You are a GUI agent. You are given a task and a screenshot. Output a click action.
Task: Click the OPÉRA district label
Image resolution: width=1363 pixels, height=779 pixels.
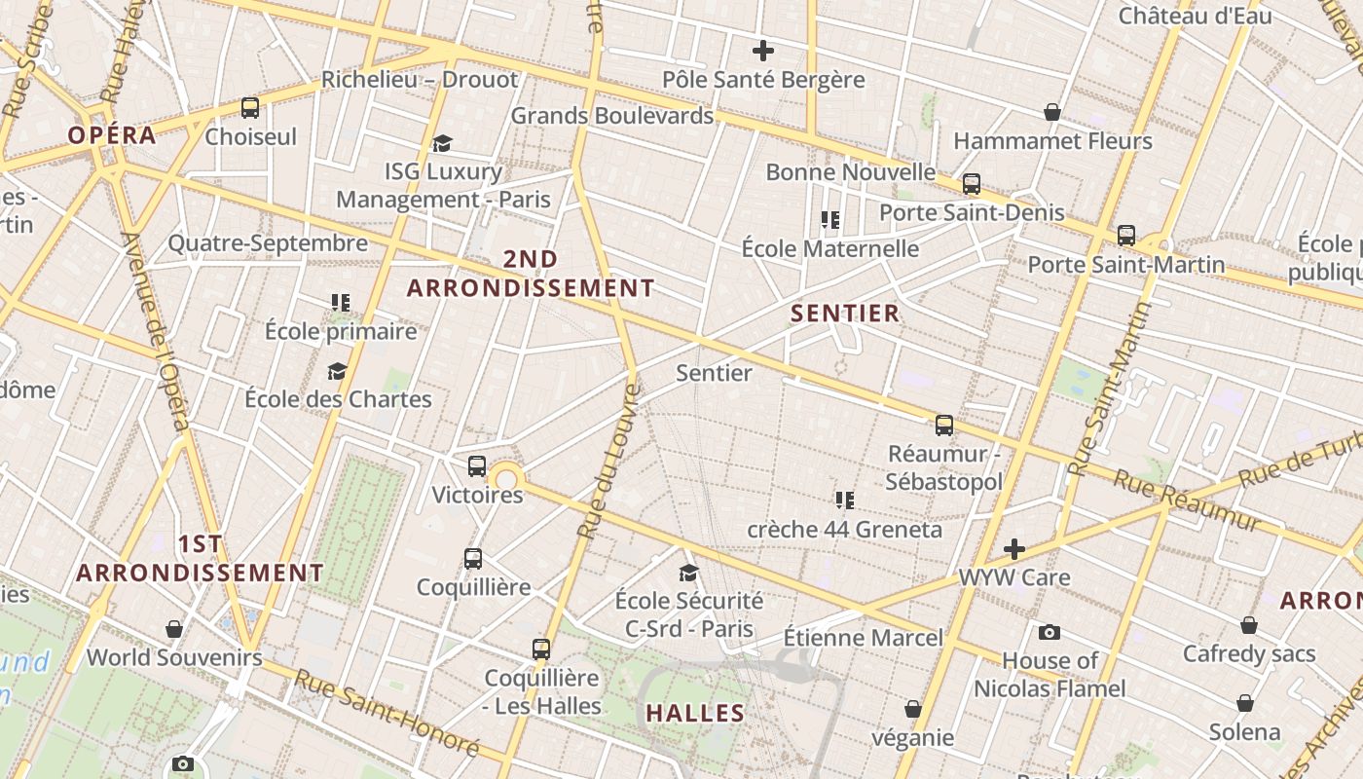click(112, 135)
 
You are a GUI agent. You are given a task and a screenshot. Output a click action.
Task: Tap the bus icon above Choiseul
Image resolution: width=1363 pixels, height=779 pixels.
click(250, 108)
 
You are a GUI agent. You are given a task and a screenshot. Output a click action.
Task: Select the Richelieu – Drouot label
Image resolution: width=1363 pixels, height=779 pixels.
click(420, 80)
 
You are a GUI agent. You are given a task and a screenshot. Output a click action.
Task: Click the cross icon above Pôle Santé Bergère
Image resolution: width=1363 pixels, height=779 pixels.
click(763, 51)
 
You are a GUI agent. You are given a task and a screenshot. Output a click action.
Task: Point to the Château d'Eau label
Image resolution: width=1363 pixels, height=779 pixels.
click(1195, 16)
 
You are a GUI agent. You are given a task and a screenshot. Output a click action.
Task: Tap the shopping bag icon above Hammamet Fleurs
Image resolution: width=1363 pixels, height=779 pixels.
click(1052, 113)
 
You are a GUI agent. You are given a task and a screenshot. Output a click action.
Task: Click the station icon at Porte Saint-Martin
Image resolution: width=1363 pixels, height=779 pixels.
click(1126, 236)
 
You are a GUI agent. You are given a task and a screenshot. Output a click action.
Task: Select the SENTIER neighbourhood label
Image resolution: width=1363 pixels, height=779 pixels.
click(845, 314)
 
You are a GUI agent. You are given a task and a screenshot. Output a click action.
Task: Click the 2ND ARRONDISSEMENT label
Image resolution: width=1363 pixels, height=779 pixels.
click(531, 274)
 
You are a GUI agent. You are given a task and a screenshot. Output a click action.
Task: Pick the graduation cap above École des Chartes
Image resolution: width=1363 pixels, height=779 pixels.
click(337, 371)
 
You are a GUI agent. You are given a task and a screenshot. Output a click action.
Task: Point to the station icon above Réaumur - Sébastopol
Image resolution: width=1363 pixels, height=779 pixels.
click(944, 426)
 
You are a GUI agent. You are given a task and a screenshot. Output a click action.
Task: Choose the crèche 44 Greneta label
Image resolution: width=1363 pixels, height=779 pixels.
click(844, 530)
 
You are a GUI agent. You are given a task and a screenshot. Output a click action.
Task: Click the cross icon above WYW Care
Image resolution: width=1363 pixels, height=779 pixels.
click(1014, 549)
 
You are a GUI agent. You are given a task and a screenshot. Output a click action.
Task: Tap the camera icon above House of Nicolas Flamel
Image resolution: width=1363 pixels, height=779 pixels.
click(1050, 633)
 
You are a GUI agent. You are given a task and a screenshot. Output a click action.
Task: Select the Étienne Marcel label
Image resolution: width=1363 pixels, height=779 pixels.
click(863, 638)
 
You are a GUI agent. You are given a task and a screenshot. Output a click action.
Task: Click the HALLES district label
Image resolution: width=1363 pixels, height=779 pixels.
click(695, 713)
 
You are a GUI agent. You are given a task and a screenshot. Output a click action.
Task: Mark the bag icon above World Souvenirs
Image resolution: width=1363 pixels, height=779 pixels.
click(174, 630)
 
